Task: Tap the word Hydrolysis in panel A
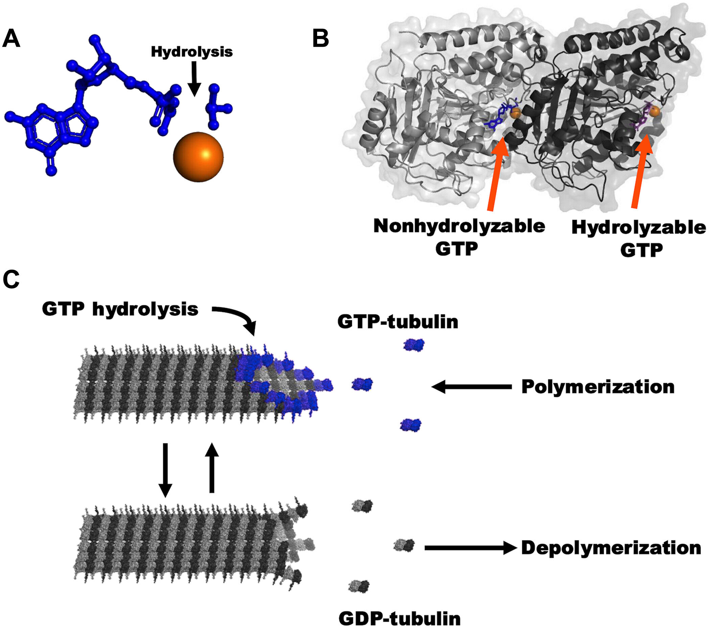(x=192, y=52)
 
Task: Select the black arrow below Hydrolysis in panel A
(x=194, y=78)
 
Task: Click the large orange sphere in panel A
(x=198, y=156)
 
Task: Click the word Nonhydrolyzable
(x=459, y=226)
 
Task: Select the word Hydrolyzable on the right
(x=638, y=228)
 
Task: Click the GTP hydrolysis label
(x=120, y=309)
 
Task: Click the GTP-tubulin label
(x=398, y=322)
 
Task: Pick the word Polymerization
(x=598, y=387)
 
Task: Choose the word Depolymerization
(x=611, y=548)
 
